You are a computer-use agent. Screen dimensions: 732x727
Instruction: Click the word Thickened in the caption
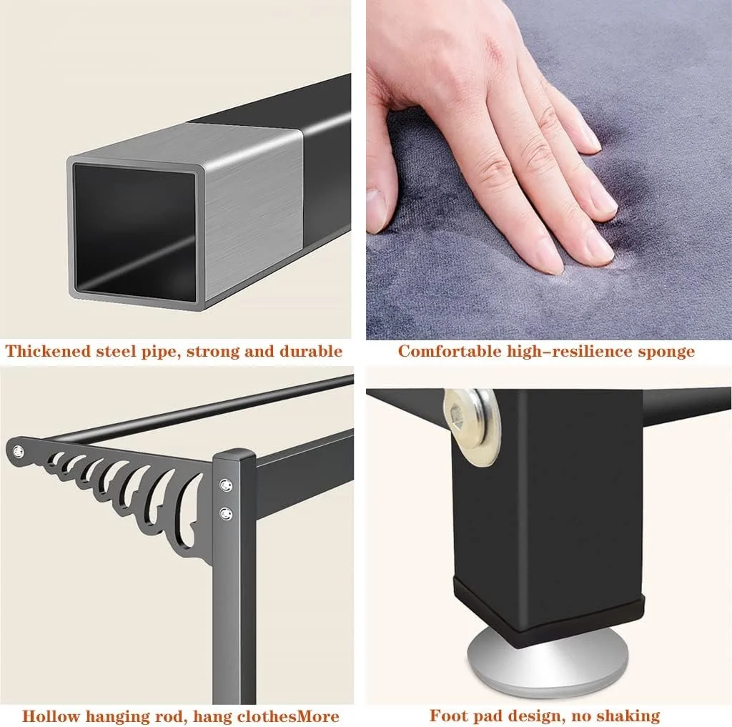tap(48, 351)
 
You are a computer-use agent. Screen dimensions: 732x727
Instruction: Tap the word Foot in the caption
tap(447, 715)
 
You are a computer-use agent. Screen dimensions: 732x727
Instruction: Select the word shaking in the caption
tap(628, 716)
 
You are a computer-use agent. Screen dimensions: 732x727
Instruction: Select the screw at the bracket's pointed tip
tap(18, 452)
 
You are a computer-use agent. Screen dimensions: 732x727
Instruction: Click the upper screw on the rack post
tap(227, 485)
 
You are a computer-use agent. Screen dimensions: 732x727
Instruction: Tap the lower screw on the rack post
tap(227, 514)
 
